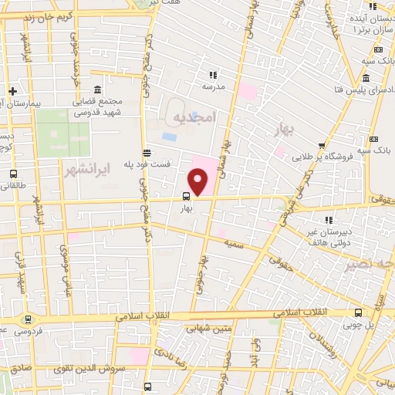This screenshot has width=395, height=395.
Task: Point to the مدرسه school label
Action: click(x=213, y=87)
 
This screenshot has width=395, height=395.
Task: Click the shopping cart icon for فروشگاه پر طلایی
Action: click(x=322, y=144)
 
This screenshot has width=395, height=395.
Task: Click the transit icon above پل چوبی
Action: click(x=358, y=313)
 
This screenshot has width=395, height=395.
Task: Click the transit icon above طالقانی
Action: click(x=13, y=174)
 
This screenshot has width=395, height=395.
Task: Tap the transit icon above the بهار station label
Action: click(x=187, y=197)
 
